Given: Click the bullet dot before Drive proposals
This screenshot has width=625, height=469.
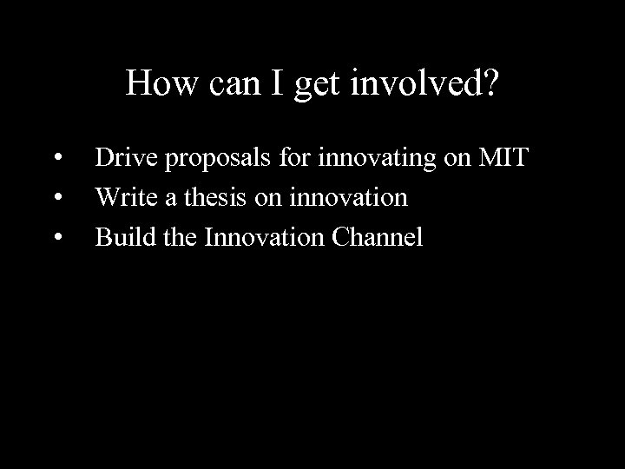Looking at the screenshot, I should coord(57,159).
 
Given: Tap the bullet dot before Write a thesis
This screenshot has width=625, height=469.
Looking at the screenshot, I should coord(57,198).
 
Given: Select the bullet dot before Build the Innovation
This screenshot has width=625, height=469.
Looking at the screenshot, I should coord(57,237).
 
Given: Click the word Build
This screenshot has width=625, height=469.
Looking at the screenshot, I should coord(125,236).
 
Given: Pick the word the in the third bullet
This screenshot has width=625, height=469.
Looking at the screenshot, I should coord(180,236).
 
